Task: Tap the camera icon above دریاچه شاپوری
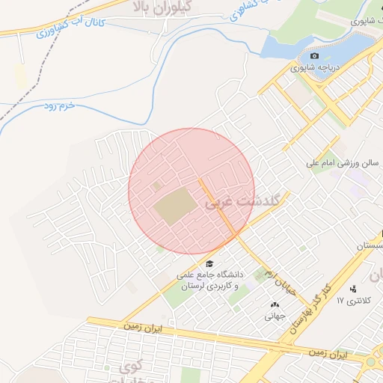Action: [314, 56]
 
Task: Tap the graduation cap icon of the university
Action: [209, 264]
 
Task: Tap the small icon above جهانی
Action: [274, 304]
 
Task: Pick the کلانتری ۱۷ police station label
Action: [353, 301]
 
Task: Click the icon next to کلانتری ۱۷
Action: [353, 289]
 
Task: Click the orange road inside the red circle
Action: [219, 209]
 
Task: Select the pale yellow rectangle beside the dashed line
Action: [21, 76]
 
